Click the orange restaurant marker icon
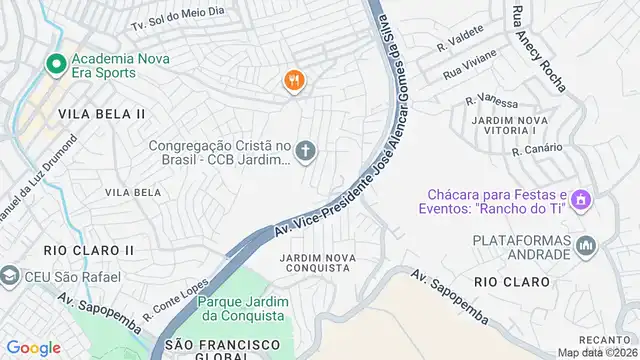pyautogui.click(x=293, y=81)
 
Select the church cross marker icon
pyautogui.click(x=306, y=152)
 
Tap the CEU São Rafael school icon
pyautogui.click(x=10, y=275)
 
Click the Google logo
pyautogui.click(x=33, y=348)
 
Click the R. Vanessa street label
pyautogui.click(x=492, y=103)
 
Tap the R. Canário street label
pyautogui.click(x=533, y=151)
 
